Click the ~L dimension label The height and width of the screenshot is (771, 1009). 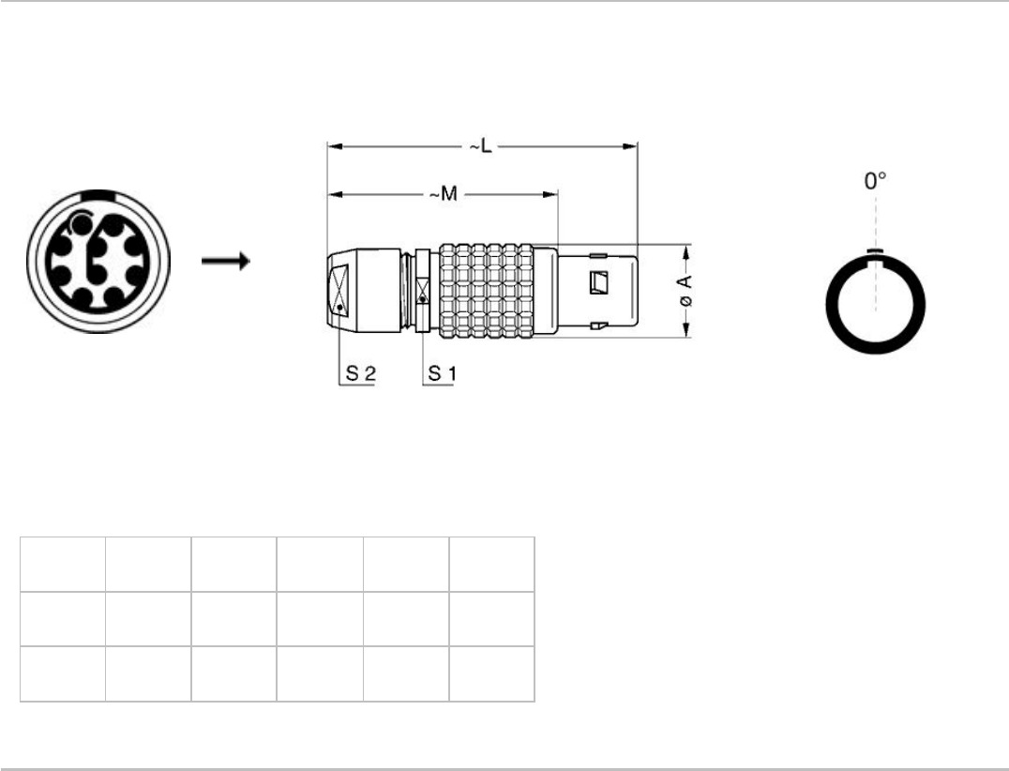[479, 146]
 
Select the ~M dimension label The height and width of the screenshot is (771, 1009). [444, 194]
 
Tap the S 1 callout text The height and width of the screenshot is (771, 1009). [442, 373]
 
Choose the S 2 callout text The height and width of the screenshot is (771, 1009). [360, 373]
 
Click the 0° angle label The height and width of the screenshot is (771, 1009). [875, 181]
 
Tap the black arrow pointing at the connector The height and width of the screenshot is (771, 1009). [225, 261]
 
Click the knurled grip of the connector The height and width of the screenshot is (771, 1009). [487, 291]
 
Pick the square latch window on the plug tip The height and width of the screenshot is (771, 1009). [599, 282]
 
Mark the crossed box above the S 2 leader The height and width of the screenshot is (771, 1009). [339, 290]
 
